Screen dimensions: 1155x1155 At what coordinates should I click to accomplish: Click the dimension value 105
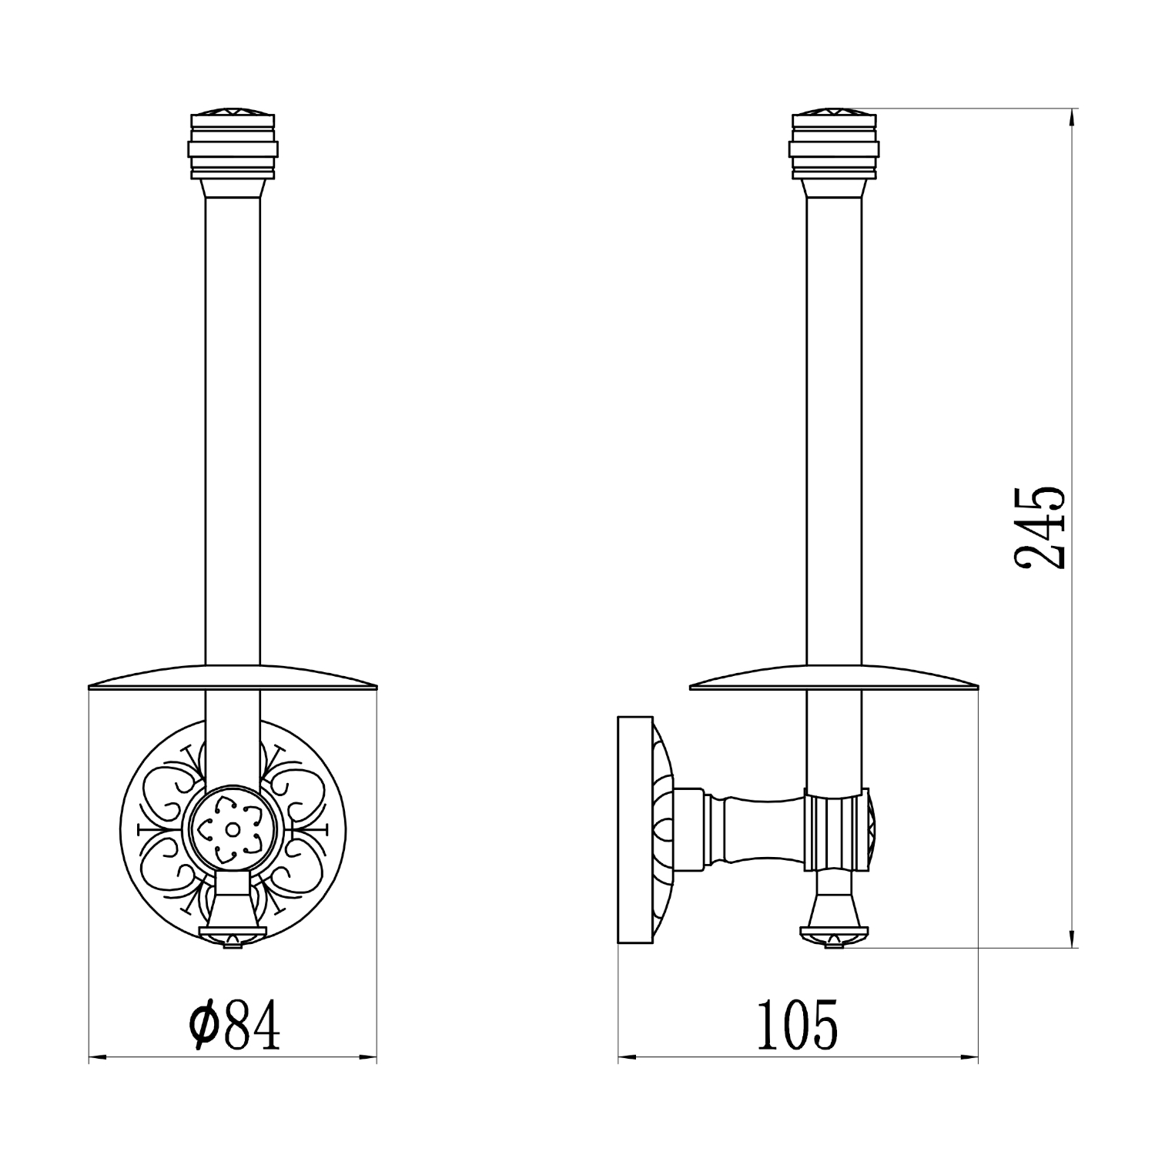(797, 1025)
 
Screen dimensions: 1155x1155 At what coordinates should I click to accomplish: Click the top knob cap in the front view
(233, 146)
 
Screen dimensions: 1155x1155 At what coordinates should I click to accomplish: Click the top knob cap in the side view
(835, 146)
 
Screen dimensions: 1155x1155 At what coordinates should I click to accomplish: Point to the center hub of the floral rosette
(231, 829)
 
